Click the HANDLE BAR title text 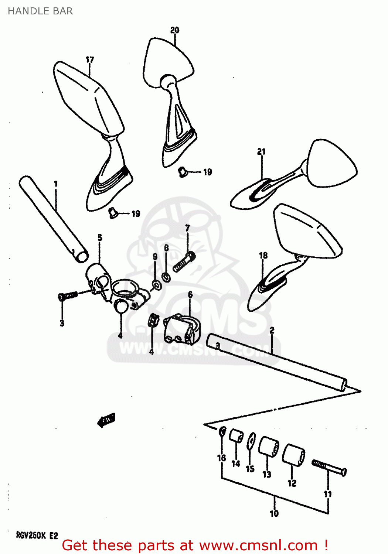coord(40,11)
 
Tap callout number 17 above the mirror coord(89,59)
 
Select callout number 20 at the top coord(175,30)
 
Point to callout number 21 coord(261,151)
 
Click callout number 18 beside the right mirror coord(263,255)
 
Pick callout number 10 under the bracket coord(274,513)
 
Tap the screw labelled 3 coord(68,295)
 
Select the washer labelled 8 coord(166,276)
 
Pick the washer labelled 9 coord(156,284)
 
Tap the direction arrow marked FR coord(106,420)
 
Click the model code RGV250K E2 coord(37,536)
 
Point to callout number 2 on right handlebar coord(272,330)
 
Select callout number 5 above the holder coord(100,237)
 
